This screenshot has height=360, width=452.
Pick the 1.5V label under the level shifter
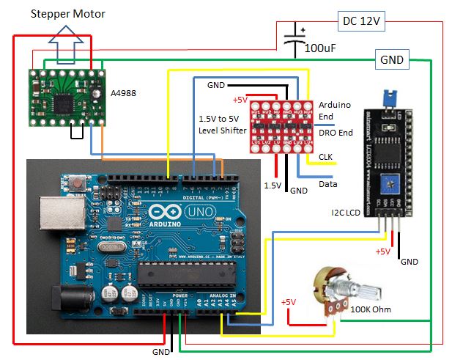273,185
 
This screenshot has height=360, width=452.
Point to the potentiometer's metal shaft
366,293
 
